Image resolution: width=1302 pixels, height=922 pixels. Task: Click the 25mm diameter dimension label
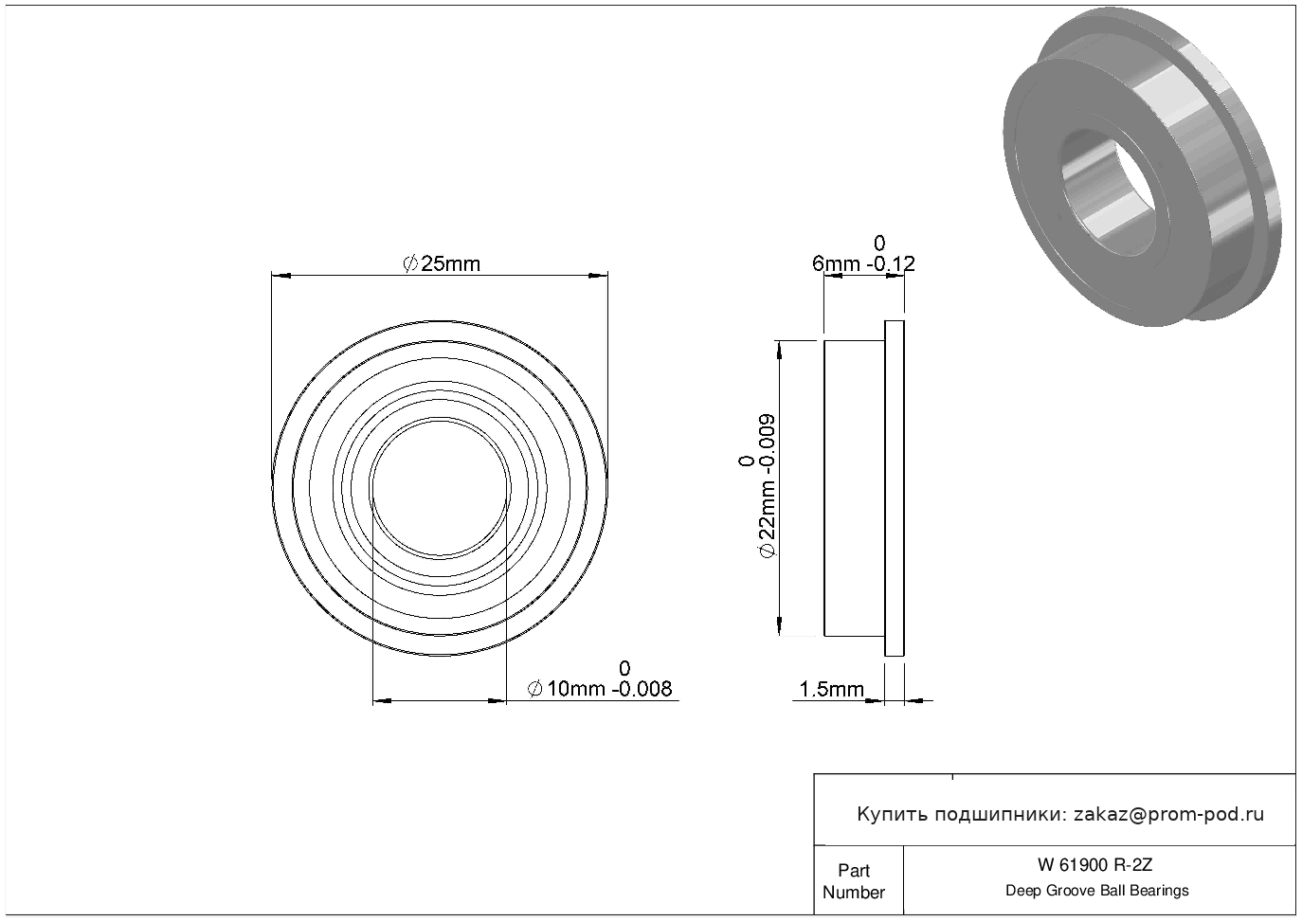tap(442, 264)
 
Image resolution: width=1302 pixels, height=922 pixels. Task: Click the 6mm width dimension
tap(836, 264)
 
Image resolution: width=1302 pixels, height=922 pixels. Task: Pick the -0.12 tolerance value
tap(891, 264)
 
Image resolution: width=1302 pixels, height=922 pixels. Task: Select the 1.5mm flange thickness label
tap(832, 690)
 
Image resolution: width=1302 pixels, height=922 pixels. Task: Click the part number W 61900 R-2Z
tap(1094, 865)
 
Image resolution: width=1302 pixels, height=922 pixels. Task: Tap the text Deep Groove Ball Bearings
tap(1096, 891)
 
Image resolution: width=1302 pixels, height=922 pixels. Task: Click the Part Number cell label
tap(853, 881)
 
